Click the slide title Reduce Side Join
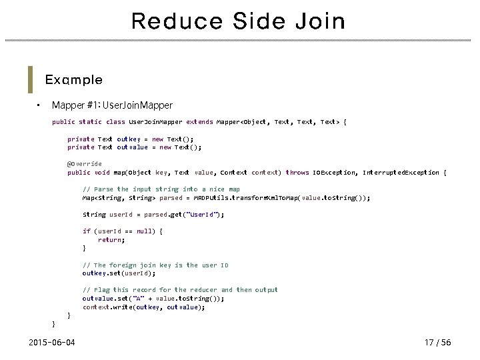[239, 21]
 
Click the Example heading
[73, 80]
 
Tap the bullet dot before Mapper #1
[39, 105]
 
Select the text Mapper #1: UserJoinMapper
[112, 105]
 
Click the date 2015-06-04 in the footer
[52, 343]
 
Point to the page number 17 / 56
[437, 343]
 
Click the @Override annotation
[85, 164]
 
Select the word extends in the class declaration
[200, 122]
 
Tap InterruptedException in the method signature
[401, 173]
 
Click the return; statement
[111, 239]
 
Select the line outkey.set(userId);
[119, 273]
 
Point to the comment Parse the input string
[161, 189]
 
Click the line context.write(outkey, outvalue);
[143, 307]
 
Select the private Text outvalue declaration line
[134, 147]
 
